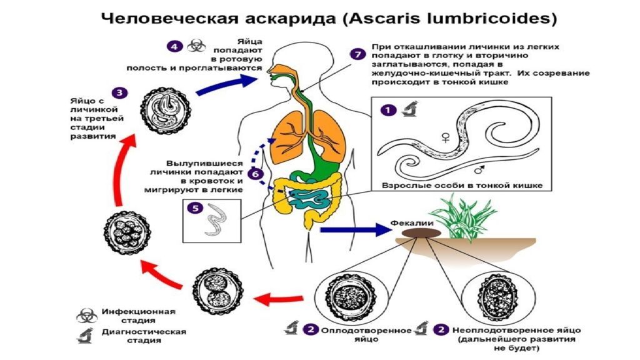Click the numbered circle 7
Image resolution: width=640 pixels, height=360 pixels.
(357, 55)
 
